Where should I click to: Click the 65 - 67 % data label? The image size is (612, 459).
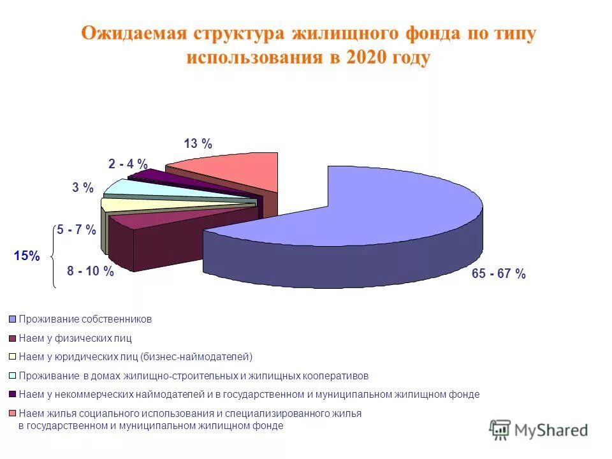[499, 274]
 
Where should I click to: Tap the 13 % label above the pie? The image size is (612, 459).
[198, 144]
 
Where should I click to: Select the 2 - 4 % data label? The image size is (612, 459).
[128, 164]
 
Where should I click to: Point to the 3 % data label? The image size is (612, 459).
[83, 188]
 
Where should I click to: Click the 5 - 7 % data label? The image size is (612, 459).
[76, 230]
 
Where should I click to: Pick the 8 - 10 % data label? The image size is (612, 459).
[91, 272]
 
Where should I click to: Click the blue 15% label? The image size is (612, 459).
[27, 256]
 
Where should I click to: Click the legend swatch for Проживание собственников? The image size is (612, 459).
[12, 319]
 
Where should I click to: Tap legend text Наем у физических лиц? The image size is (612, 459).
[75, 338]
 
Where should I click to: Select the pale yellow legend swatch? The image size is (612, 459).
[12, 357]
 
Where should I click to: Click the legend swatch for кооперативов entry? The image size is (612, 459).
[12, 376]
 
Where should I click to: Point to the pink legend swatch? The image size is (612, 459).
[12, 414]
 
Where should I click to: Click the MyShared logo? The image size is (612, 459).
[539, 430]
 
